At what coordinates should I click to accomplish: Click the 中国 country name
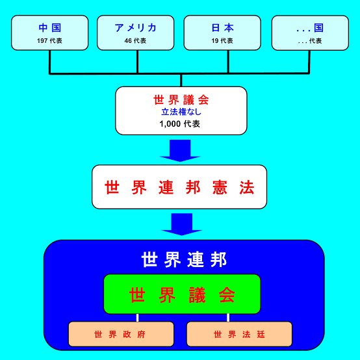click(x=49, y=28)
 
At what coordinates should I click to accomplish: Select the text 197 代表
click(x=49, y=41)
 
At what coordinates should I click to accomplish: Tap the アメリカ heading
click(x=135, y=28)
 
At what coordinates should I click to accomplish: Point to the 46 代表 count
click(x=135, y=41)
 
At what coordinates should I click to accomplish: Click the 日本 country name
click(x=222, y=28)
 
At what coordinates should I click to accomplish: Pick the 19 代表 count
click(x=222, y=41)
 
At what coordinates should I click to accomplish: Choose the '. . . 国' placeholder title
click(x=310, y=28)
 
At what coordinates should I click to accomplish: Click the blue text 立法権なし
click(x=181, y=112)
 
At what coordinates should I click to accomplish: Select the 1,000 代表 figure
click(x=180, y=124)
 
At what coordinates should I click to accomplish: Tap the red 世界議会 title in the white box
click(x=181, y=100)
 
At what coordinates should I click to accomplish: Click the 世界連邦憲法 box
click(x=179, y=187)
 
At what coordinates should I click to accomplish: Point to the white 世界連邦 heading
click(x=184, y=260)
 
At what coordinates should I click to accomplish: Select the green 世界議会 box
click(x=182, y=294)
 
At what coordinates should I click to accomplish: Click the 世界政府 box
click(x=122, y=334)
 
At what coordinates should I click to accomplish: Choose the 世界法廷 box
click(x=240, y=334)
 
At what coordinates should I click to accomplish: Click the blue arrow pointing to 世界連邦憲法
click(x=180, y=151)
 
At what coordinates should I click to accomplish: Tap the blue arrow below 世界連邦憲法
click(x=181, y=224)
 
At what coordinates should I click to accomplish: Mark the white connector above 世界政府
click(x=137, y=318)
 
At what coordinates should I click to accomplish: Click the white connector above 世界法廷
click(x=228, y=318)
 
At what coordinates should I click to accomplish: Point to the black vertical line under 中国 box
click(x=49, y=62)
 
